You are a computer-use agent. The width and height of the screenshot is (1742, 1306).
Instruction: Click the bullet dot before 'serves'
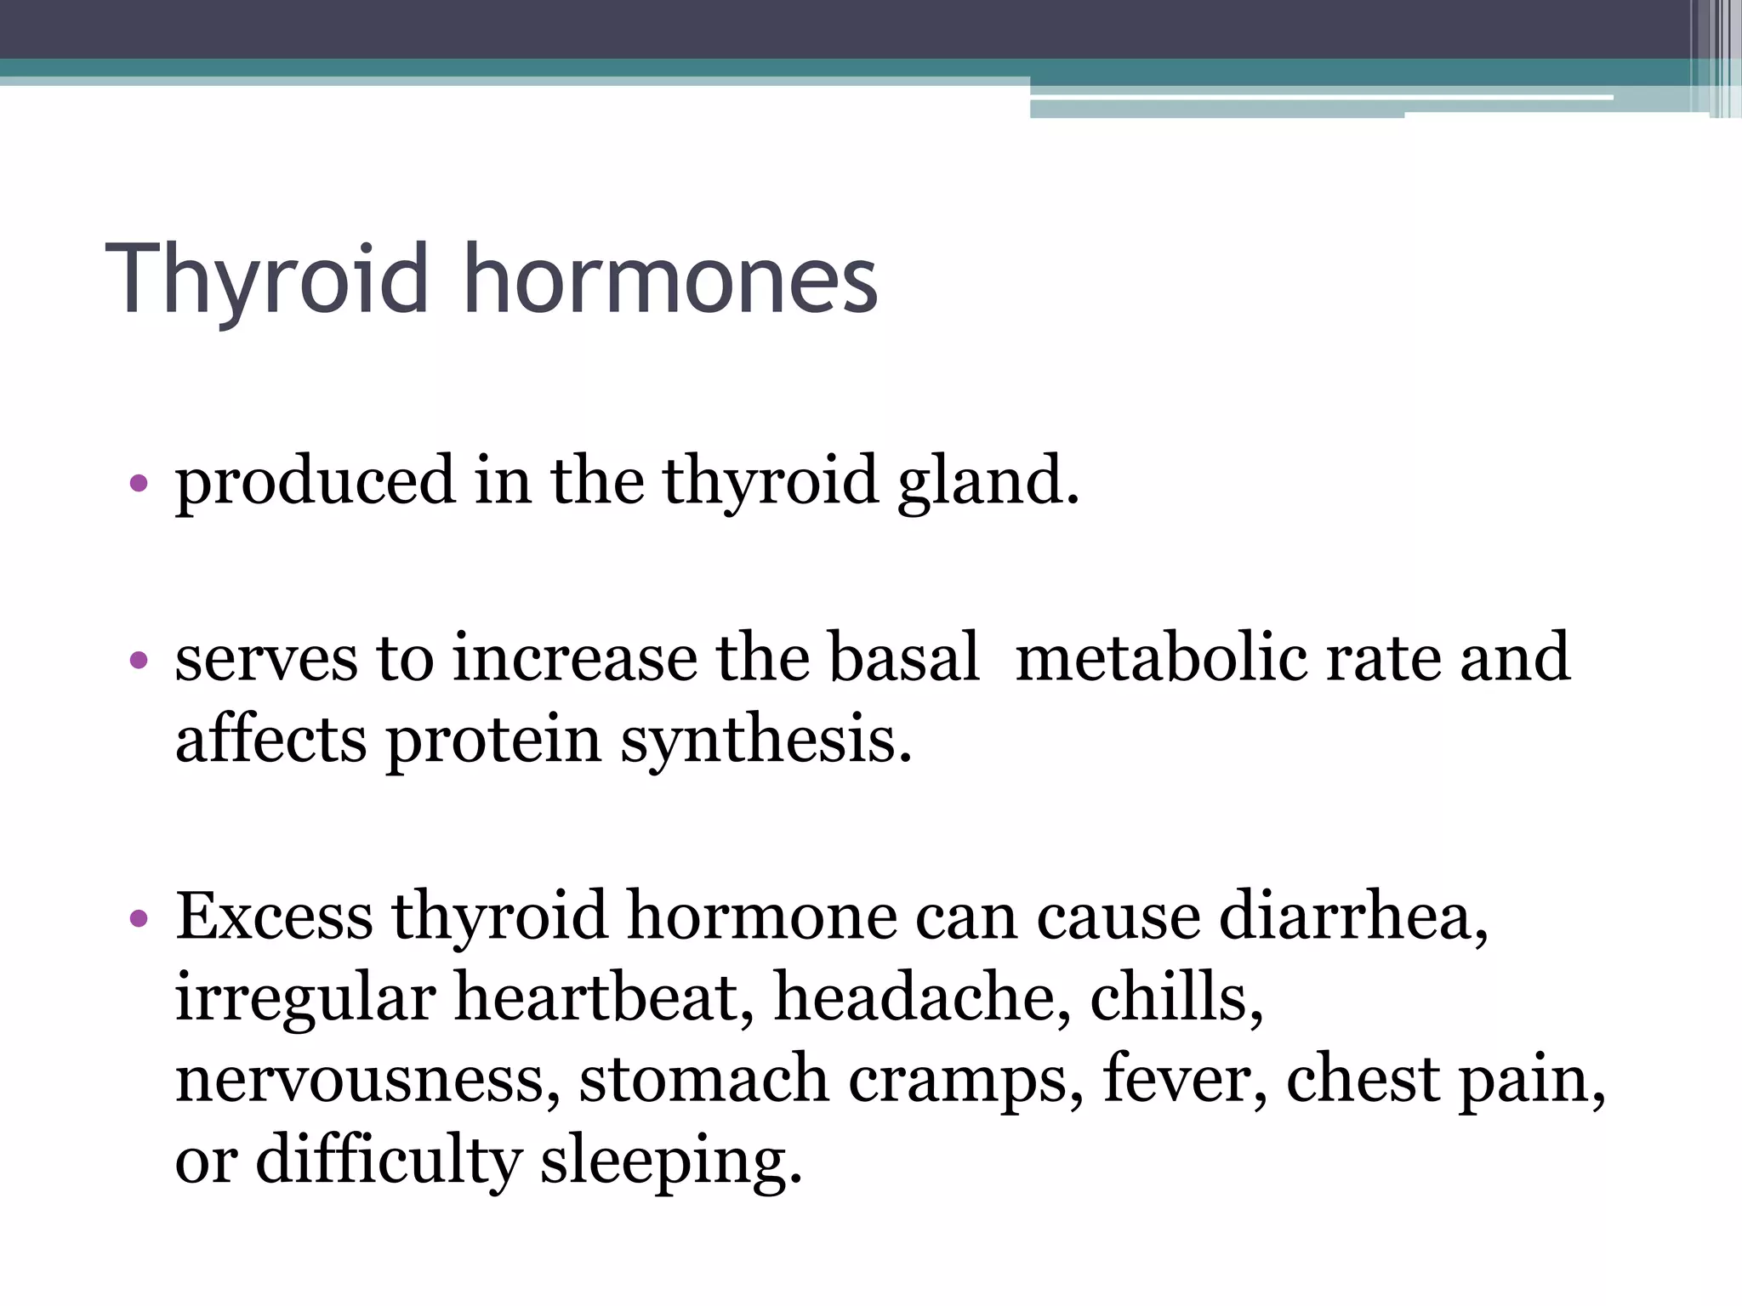click(139, 661)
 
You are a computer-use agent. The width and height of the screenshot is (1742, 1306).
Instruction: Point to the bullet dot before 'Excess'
click(139, 919)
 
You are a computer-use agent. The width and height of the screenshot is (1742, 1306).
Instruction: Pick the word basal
click(903, 657)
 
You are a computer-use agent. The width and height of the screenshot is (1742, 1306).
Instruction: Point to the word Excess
click(274, 917)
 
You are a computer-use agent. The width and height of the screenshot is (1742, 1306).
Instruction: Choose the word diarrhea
click(1353, 917)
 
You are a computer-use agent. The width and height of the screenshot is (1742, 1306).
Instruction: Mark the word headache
click(922, 997)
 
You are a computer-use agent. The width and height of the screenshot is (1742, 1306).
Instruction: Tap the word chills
click(1176, 997)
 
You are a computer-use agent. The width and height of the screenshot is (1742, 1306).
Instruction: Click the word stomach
click(703, 1079)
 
